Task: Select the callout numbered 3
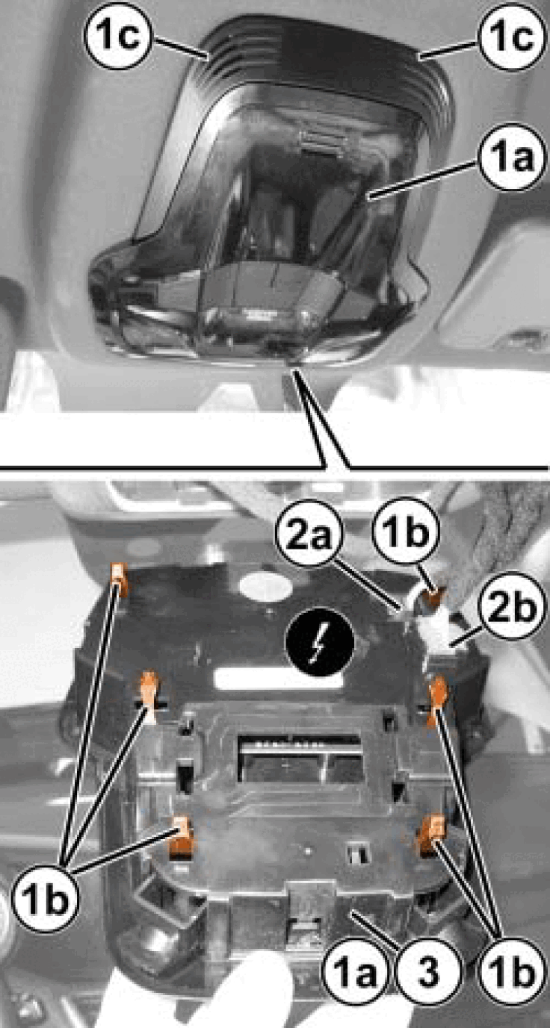pyautogui.click(x=429, y=971)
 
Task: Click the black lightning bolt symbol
pyautogui.click(x=320, y=643)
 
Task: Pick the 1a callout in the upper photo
pyautogui.click(x=512, y=157)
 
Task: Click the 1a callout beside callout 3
pyautogui.click(x=355, y=971)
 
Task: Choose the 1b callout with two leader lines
pyautogui.click(x=511, y=971)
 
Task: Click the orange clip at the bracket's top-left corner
pyautogui.click(x=120, y=579)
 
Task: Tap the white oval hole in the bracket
pyautogui.click(x=265, y=586)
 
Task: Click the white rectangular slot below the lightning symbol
pyautogui.click(x=279, y=679)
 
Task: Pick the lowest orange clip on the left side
pyautogui.click(x=181, y=838)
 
